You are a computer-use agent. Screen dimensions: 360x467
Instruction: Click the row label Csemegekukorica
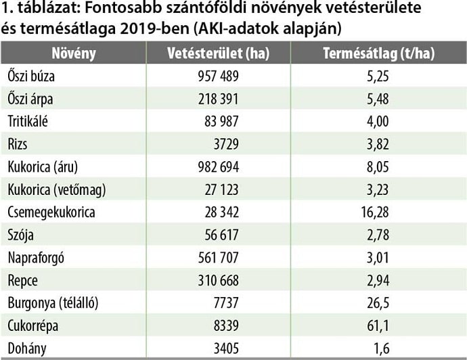coord(51,212)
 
